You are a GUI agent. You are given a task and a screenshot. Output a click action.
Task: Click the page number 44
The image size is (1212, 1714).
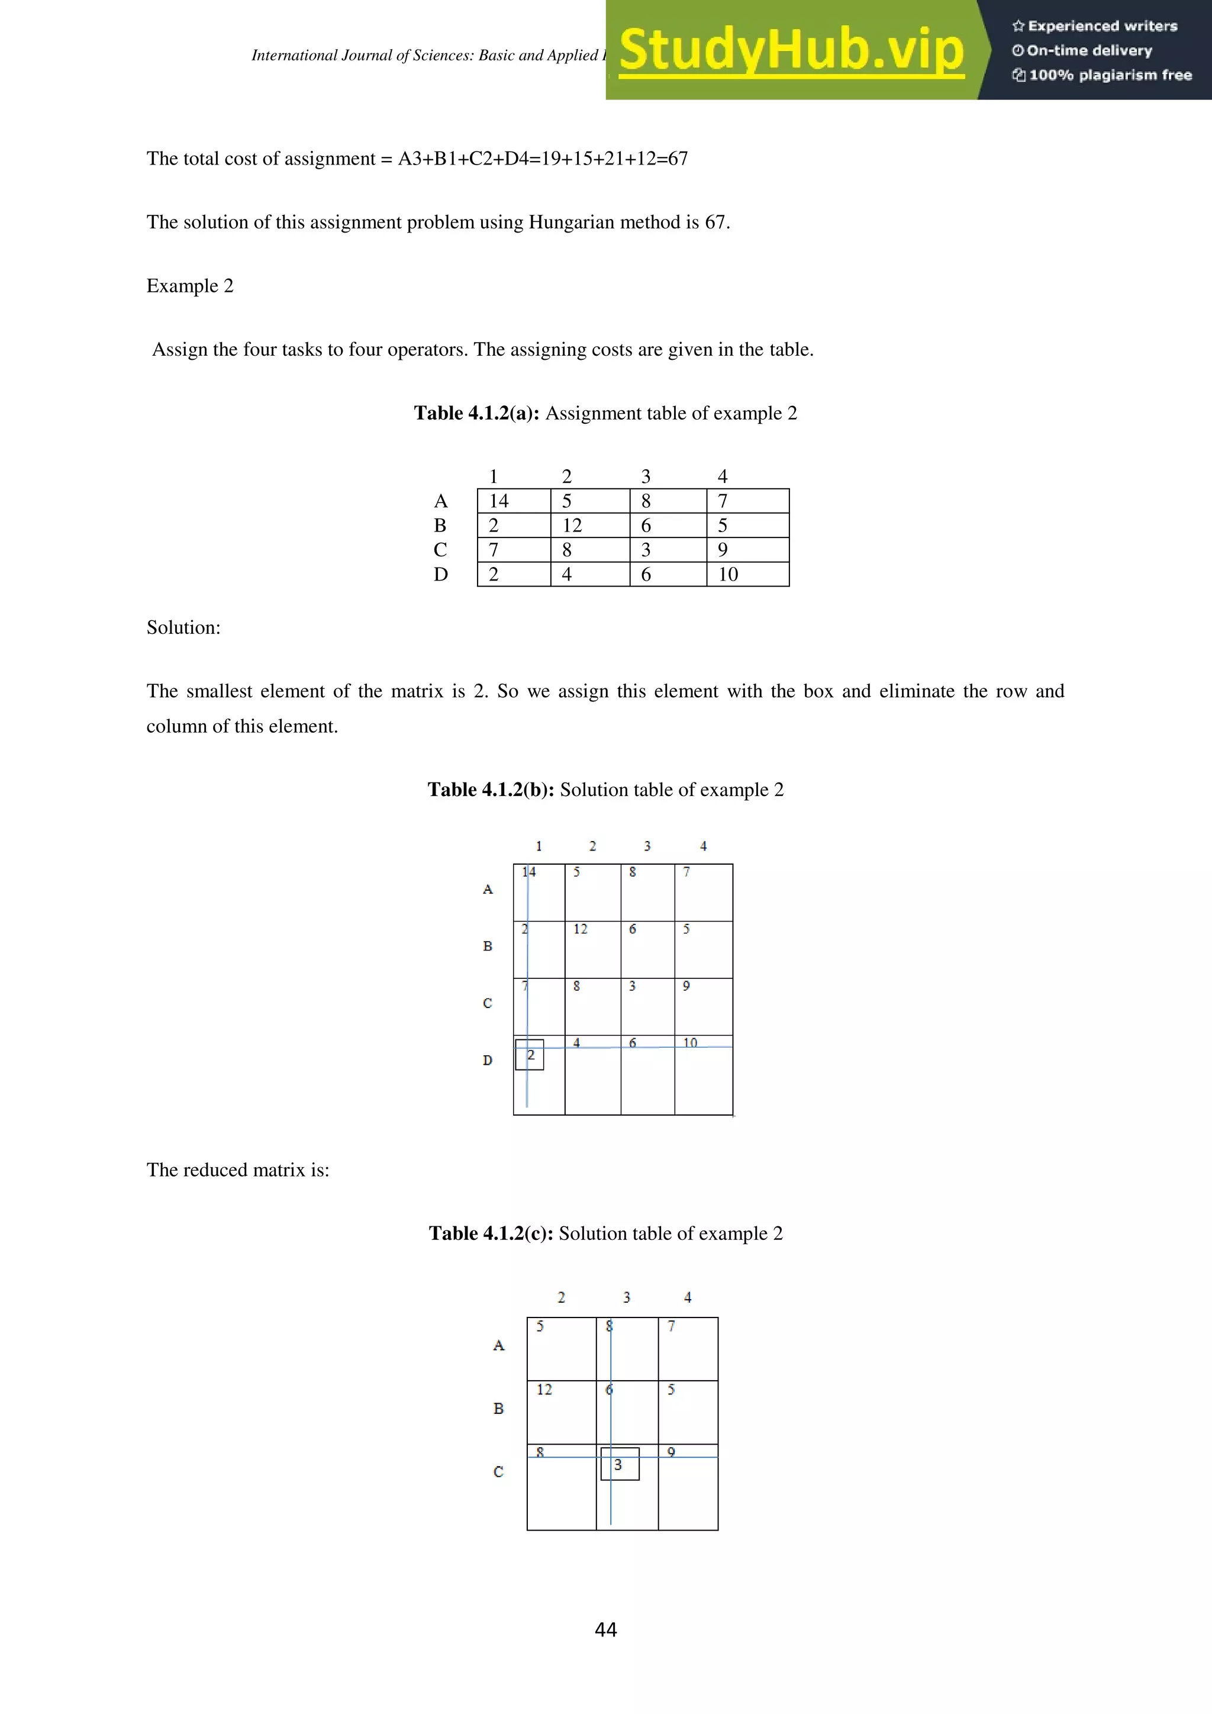(605, 1629)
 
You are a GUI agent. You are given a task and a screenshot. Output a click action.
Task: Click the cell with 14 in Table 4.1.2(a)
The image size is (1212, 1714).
(498, 501)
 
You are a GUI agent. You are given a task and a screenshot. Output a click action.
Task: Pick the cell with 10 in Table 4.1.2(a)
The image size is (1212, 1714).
(728, 574)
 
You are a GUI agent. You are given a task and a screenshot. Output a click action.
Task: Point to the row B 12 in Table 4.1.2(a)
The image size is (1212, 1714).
(572, 526)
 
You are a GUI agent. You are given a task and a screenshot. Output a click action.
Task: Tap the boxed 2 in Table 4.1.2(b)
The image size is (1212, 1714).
(530, 1055)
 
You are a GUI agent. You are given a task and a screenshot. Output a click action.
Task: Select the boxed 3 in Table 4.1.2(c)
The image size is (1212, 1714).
(618, 1465)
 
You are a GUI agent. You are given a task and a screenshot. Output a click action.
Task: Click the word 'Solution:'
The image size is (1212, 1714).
(183, 628)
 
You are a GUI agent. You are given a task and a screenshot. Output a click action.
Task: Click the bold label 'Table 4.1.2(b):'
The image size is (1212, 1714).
(491, 790)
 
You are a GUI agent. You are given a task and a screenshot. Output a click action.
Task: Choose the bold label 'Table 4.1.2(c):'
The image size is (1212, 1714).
(491, 1233)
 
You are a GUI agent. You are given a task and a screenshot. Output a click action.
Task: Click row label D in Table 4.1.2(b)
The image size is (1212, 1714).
(487, 1060)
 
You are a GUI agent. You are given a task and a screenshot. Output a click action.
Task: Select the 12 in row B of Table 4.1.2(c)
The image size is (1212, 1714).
(544, 1389)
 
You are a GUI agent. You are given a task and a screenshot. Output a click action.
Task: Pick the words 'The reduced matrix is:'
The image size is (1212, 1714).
(237, 1169)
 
